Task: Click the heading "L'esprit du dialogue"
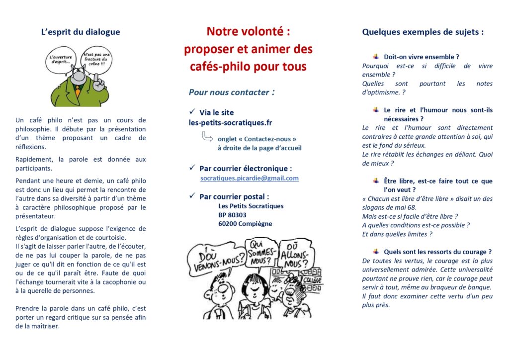point(81,32)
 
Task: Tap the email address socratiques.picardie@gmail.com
point(250,178)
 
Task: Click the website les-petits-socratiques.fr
point(230,122)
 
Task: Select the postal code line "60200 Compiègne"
point(245,224)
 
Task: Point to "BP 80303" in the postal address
point(232,215)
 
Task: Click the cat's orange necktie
point(78,92)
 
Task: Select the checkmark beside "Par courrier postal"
point(192,196)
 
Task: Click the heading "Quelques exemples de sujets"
point(423,32)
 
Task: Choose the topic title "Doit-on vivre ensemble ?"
point(421,57)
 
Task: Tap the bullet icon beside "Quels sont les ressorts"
point(376,252)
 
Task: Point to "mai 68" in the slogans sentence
point(406,207)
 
